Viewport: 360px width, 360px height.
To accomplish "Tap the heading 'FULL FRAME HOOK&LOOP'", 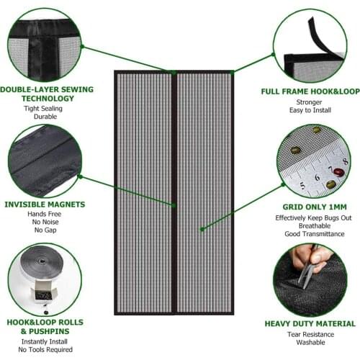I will click(309, 92).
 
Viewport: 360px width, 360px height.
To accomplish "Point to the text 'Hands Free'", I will click(46, 215).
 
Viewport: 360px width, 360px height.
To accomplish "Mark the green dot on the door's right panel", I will click(202, 230).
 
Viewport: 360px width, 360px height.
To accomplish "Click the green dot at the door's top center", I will click(174, 72).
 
